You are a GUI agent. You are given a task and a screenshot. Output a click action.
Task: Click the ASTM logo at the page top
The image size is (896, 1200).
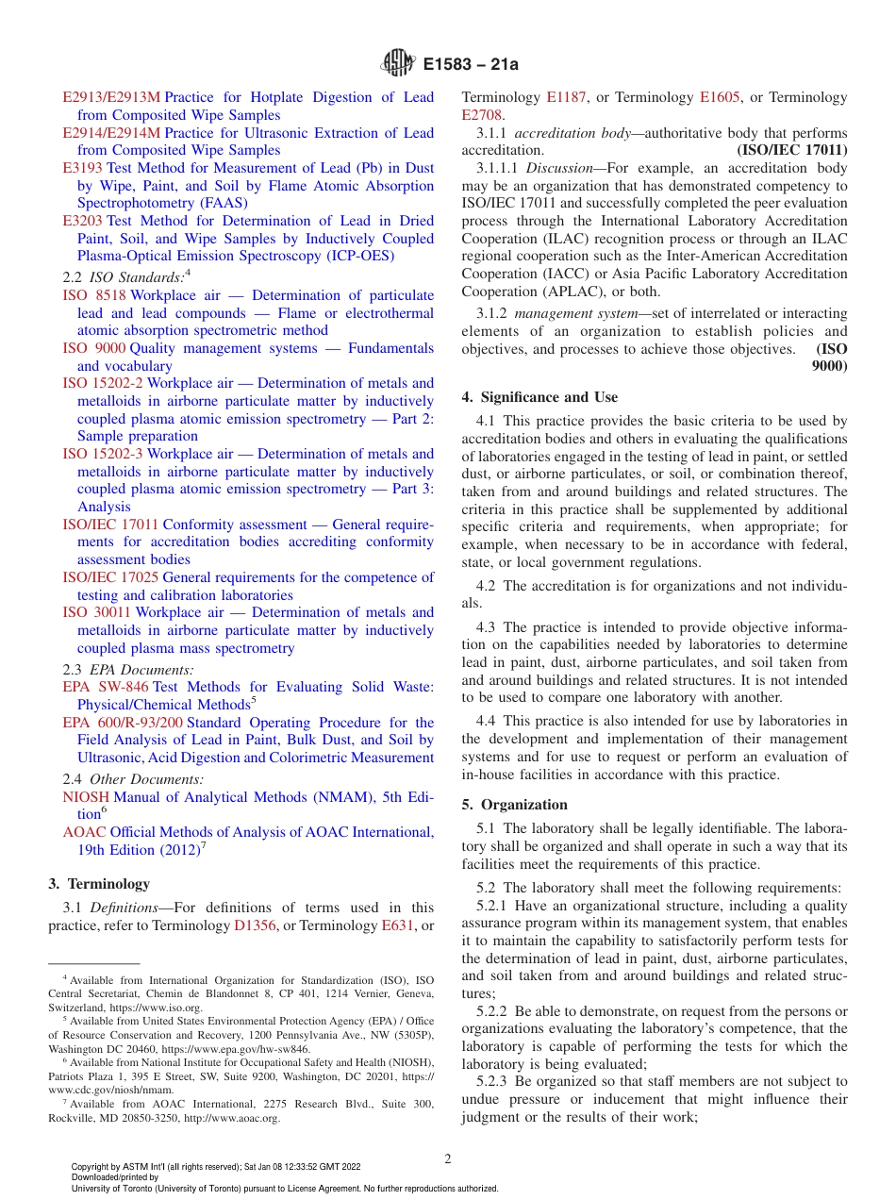397,64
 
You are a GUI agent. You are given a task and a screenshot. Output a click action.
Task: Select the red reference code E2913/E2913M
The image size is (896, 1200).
111,97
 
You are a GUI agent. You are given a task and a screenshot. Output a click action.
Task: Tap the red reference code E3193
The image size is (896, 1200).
83,168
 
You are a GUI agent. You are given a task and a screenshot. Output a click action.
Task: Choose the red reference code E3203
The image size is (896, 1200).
83,221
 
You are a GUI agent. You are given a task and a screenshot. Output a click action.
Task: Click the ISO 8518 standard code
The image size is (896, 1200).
94,295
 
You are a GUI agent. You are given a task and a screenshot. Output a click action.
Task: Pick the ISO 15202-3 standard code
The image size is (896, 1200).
103,454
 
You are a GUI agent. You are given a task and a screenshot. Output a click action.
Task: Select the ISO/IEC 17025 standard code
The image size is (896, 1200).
110,577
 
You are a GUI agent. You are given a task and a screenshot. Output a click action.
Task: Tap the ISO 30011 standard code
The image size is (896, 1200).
97,612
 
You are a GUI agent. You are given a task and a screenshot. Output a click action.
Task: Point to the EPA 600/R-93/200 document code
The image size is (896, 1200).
123,723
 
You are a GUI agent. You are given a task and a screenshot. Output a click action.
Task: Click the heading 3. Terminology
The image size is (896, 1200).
98,884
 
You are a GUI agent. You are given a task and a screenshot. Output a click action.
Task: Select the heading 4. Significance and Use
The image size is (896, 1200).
539,397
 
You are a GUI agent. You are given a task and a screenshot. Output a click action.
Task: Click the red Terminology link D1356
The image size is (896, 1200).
255,925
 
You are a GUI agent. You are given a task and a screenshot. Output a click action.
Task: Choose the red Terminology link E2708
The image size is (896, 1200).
482,115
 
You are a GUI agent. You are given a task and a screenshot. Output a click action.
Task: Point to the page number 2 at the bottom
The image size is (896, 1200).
448,1159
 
